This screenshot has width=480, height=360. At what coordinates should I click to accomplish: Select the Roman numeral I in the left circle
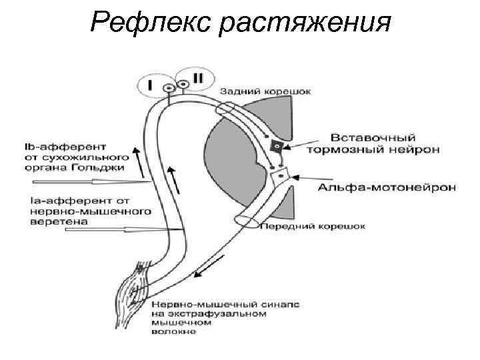click(x=150, y=84)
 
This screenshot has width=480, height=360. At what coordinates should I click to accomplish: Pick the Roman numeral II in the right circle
click(x=198, y=78)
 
